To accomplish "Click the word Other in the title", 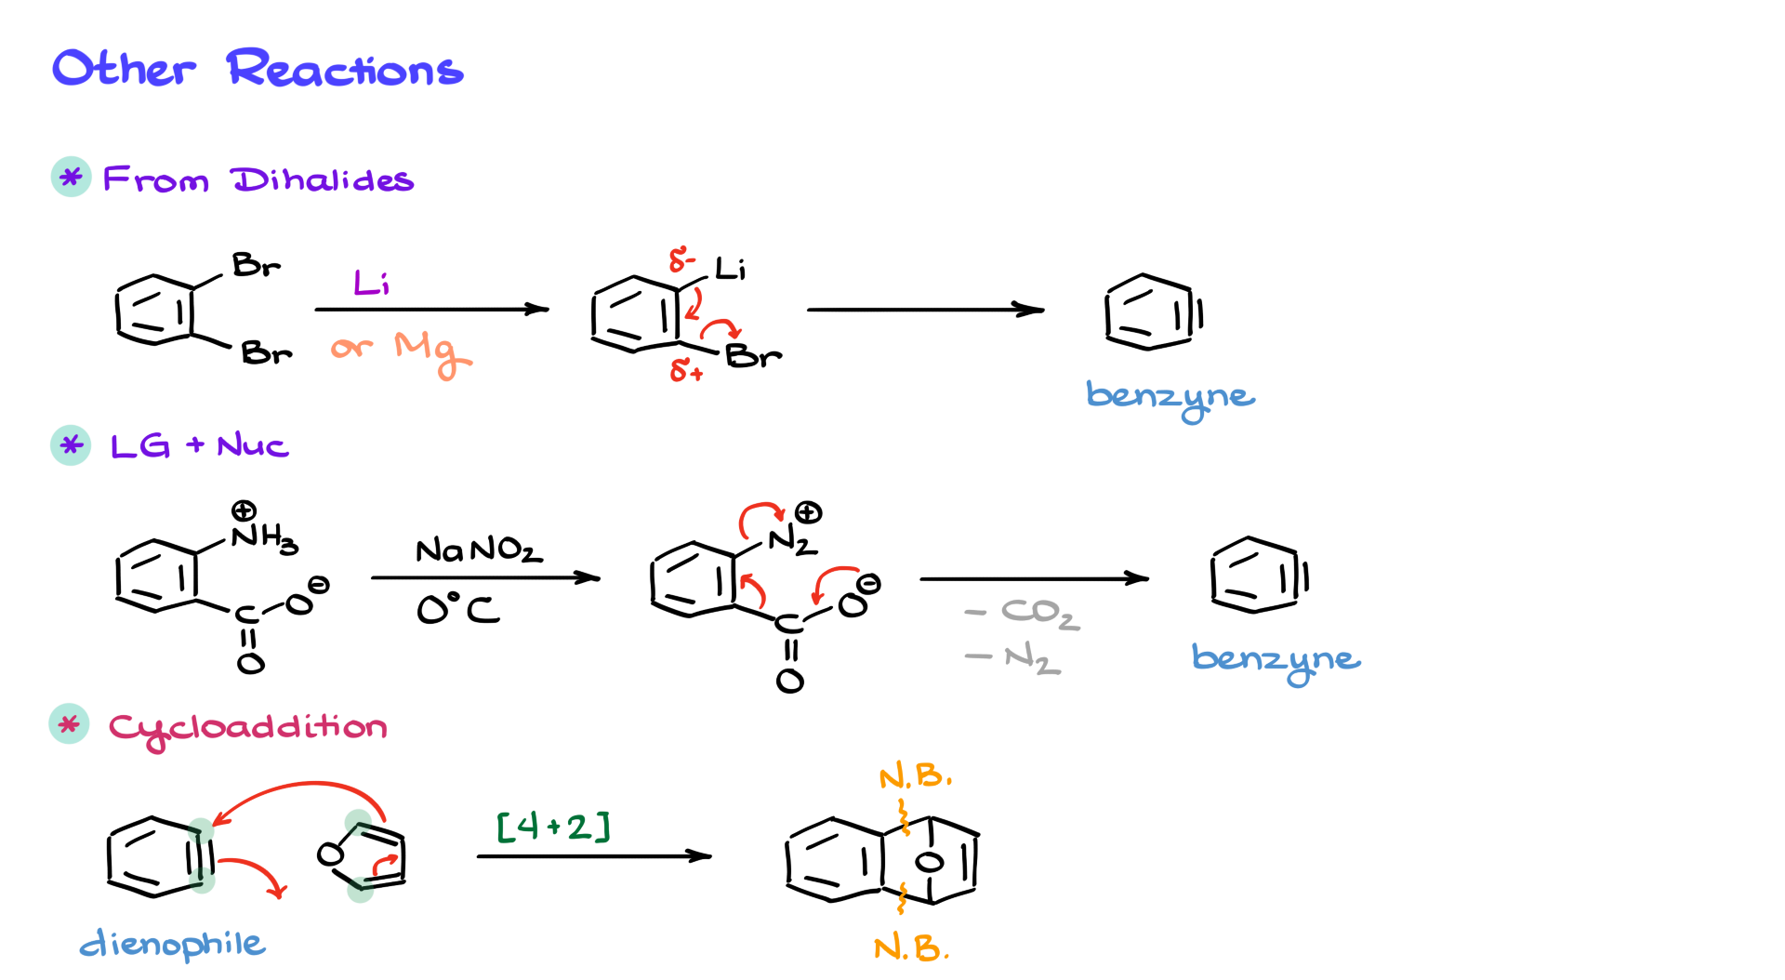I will [124, 70].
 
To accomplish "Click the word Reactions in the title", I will [345, 70].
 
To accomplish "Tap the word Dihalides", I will [322, 179].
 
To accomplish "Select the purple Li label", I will [371, 282].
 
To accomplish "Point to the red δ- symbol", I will [681, 259].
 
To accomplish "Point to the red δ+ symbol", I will [686, 371].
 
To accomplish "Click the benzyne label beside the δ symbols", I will [1170, 397].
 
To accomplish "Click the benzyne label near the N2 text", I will [1276, 659].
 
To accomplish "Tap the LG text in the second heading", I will [140, 446].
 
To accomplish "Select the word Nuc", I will [253, 446].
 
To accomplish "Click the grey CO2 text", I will [1039, 613].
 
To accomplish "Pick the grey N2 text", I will [1032, 659].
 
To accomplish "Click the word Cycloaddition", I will [248, 728].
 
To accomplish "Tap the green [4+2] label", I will [554, 826].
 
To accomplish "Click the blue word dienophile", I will [173, 945].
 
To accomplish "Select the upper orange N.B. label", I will [915, 776].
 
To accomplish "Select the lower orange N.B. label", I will [911, 948].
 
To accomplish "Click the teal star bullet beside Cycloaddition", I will [69, 724].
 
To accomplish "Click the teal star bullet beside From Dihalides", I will [71, 177].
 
